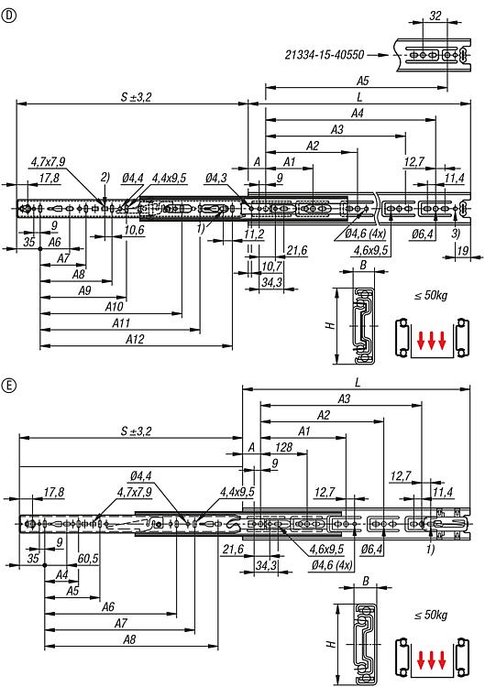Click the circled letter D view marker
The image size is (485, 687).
tap(9, 16)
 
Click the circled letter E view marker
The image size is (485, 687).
tap(9, 385)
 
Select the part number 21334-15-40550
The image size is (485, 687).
tap(325, 55)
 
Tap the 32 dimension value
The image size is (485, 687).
tap(435, 16)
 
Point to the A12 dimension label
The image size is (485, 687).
tap(135, 339)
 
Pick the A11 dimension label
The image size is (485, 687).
tap(121, 323)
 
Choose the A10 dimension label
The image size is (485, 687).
tap(114, 306)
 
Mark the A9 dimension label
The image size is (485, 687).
tap(84, 290)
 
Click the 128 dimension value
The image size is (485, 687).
tap(283, 447)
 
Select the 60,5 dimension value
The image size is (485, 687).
tap(88, 558)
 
